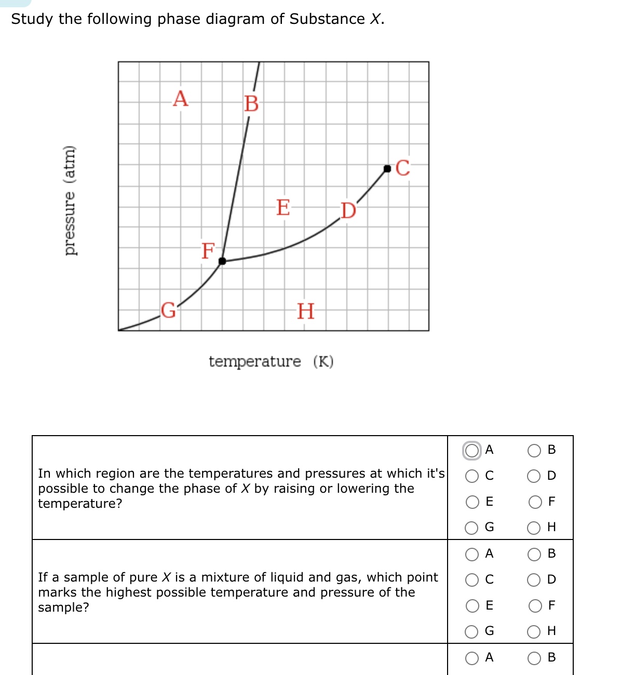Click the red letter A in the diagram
click(x=180, y=98)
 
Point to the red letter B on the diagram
click(x=251, y=104)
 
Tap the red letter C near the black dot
click(x=403, y=168)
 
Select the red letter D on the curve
click(x=348, y=211)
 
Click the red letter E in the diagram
click(x=283, y=207)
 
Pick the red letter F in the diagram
click(x=208, y=251)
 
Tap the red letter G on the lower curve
click(x=168, y=310)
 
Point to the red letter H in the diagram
click(x=305, y=311)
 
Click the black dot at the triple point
click(x=222, y=261)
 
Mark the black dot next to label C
click(x=387, y=168)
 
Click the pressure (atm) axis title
click(x=70, y=200)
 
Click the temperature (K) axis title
click(x=271, y=361)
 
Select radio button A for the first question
click(x=472, y=450)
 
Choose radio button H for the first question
click(x=534, y=528)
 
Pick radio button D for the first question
click(x=534, y=476)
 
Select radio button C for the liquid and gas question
click(x=472, y=580)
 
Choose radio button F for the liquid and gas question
click(x=534, y=606)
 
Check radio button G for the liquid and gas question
click(x=472, y=632)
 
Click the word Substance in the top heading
click(x=327, y=19)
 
